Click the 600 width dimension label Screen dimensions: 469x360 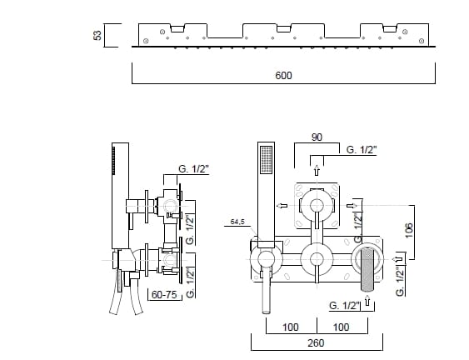(x=283, y=75)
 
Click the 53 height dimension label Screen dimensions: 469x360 (x=97, y=35)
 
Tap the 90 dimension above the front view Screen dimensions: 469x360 (x=317, y=137)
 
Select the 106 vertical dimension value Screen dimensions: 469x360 (x=409, y=230)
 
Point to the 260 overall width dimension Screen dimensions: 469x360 (x=316, y=343)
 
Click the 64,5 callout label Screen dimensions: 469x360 (x=237, y=222)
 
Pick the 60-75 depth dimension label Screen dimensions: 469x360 (x=164, y=294)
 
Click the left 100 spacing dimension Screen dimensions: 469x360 (x=291, y=327)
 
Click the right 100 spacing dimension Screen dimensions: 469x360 (x=341, y=327)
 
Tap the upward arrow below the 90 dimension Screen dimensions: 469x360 (x=317, y=171)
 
